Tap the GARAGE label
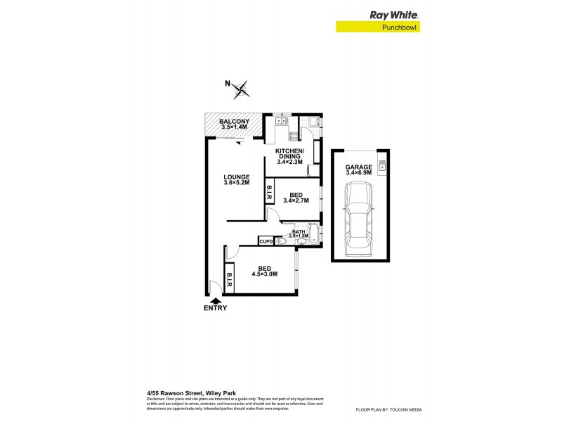coord(358,167)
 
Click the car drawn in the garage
coord(358,219)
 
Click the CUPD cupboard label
coord(266,242)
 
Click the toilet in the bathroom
coord(281,241)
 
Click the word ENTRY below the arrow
coord(216,308)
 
